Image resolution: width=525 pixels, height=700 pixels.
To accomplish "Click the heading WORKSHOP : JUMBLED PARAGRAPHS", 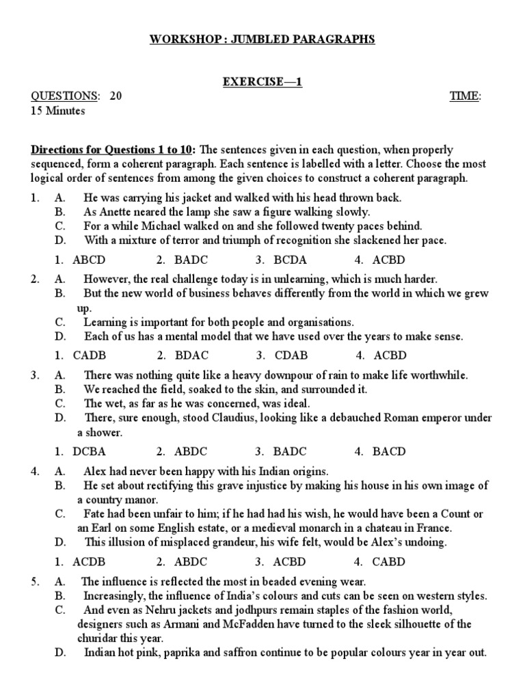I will coord(262,40).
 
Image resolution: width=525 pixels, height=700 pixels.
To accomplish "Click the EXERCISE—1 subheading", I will coord(262,82).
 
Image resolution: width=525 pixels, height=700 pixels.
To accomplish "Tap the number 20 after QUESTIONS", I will coord(116,96).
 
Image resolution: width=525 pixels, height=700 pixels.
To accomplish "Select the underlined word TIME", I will coord(464,96).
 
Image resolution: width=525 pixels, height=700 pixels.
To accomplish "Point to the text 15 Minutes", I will coord(58,111).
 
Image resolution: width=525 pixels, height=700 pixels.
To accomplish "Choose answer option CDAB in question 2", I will coord(291,355).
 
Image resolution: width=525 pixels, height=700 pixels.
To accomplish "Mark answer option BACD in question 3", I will coord(389,451).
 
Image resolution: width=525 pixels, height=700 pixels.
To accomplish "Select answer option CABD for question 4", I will coord(389,562).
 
